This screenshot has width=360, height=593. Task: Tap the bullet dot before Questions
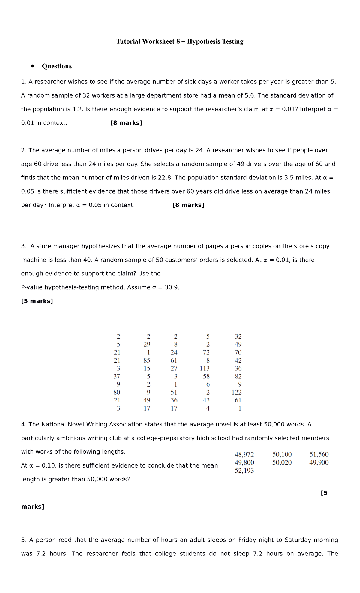coord(33,66)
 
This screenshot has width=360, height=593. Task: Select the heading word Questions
coord(57,66)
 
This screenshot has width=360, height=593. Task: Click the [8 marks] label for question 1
coord(126,123)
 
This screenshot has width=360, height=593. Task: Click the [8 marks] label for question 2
coord(188,205)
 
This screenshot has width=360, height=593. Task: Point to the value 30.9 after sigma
coord(172,287)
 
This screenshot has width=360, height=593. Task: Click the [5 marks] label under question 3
coord(37,301)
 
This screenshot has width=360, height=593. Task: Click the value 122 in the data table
coord(236,392)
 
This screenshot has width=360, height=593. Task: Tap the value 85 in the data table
coord(147,360)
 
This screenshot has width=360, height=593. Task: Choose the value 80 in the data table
coord(117,392)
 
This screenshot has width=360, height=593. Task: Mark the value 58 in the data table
coord(206,376)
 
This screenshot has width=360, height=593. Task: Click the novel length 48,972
coord(244,454)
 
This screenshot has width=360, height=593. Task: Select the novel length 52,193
coord(244,471)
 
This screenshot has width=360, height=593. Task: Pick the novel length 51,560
coord(319,454)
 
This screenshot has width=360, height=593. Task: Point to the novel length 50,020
coord(282,462)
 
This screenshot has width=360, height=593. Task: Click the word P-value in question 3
coord(32,287)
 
